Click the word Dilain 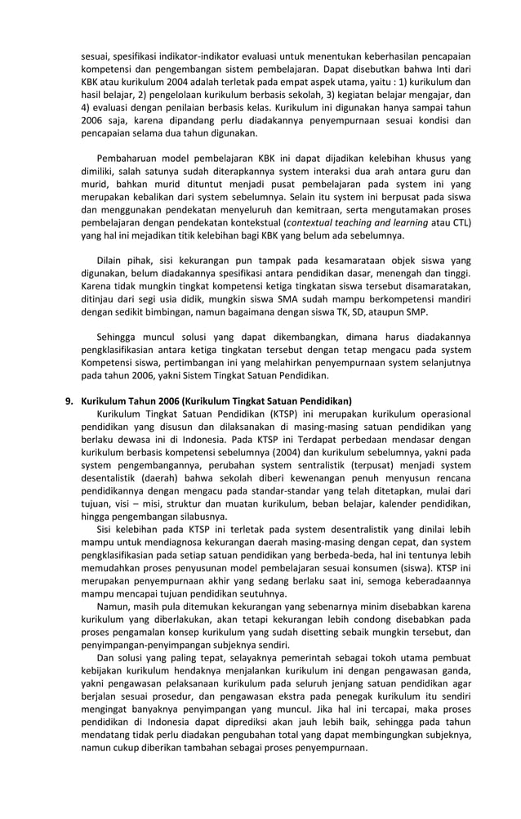[x=113, y=260]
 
